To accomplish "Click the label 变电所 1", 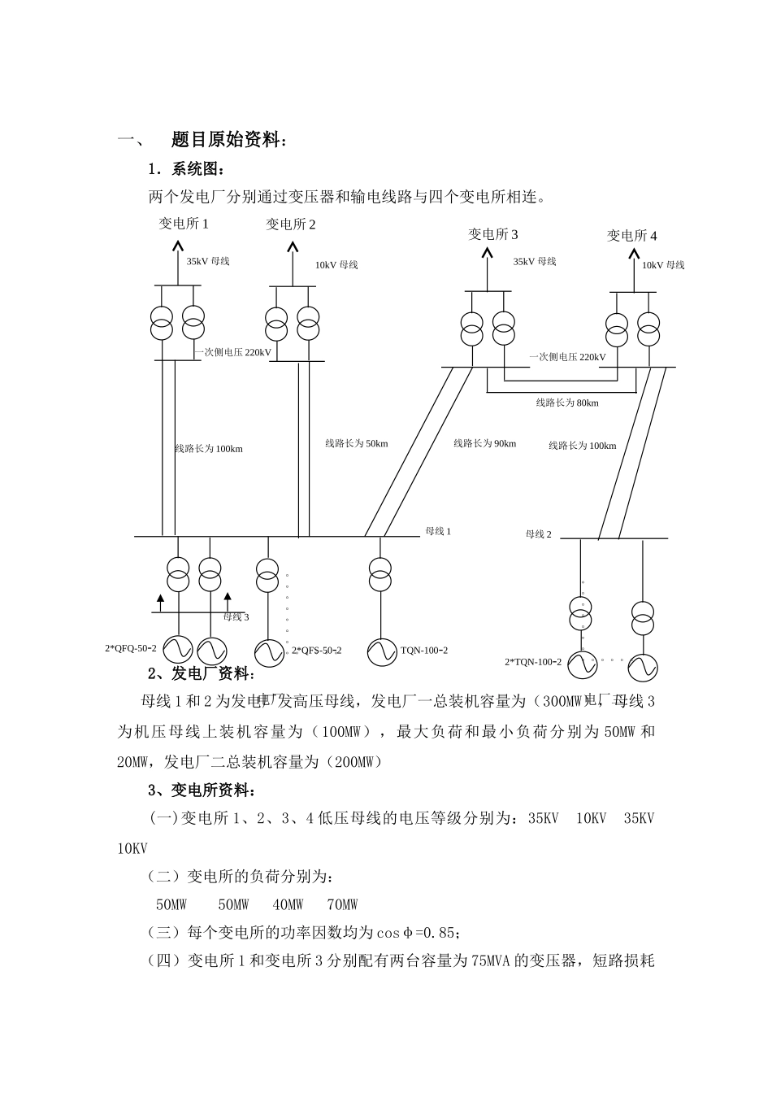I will tap(184, 224).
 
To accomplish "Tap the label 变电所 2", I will tap(291, 224).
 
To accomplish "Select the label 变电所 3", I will tap(493, 234).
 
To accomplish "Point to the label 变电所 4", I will tap(632, 235).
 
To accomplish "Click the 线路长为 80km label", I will tap(567, 403).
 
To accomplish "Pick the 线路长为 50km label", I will tap(357, 443).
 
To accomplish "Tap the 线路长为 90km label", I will tap(484, 443).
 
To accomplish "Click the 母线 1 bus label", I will tap(438, 531).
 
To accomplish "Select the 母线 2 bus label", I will tap(539, 534).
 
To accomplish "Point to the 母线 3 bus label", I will tap(236, 616).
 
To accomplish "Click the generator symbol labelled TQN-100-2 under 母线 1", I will tap(380, 650).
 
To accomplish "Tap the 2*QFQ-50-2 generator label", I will tap(131, 648).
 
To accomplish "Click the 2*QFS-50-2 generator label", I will tap(317, 651).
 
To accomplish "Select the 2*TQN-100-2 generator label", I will tap(533, 662).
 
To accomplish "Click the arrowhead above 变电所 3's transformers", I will tap(488, 254).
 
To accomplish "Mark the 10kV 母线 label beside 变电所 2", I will tap(336, 264).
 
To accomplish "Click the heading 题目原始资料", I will tap(228, 140).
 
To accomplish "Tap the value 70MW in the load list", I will tap(342, 904).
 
